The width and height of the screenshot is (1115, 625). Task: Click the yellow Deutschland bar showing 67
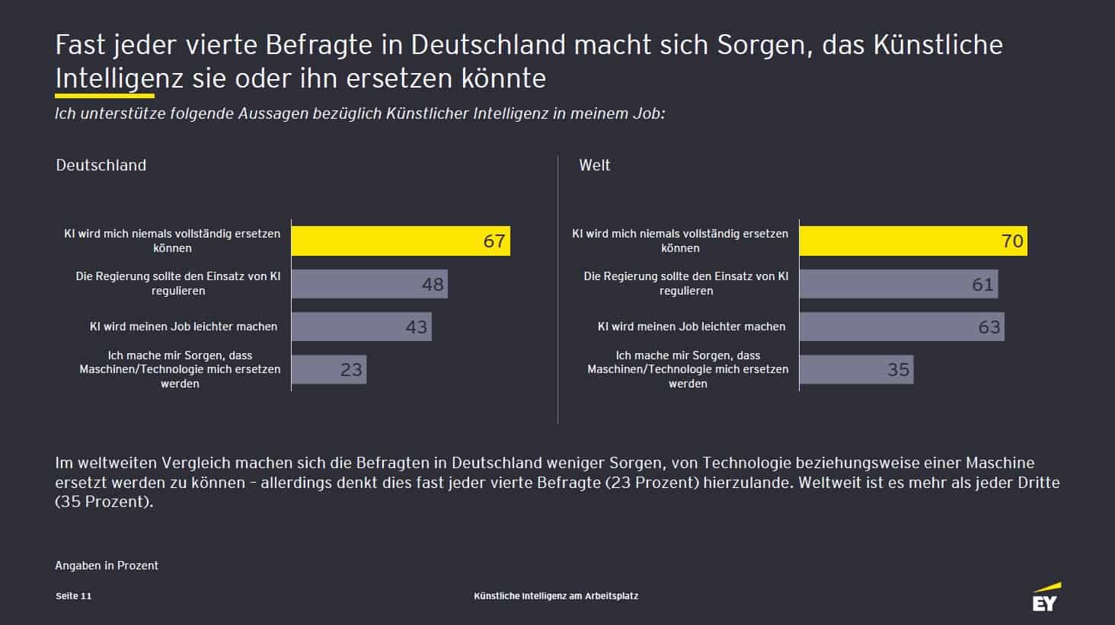[401, 241]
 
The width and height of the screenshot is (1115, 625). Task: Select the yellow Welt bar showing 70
[912, 241]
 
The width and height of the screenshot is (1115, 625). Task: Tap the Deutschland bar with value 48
[369, 284]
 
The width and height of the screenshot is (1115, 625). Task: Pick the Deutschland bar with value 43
[361, 327]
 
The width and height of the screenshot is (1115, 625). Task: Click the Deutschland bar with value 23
[328, 369]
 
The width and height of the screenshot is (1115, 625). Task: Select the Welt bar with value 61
[898, 284]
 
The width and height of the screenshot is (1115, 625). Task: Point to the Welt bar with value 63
[901, 327]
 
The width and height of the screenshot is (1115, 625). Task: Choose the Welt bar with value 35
[855, 369]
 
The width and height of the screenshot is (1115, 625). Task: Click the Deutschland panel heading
[101, 165]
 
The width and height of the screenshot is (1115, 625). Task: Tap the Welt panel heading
[594, 165]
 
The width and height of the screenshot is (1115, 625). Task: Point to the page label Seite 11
[73, 596]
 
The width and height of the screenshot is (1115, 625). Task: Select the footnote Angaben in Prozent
[107, 566]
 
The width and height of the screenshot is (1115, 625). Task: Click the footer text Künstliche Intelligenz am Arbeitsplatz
[556, 596]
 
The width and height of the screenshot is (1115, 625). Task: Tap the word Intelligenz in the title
[120, 78]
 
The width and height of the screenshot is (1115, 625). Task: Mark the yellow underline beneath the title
[104, 96]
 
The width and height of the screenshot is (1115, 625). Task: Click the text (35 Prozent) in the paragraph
[104, 502]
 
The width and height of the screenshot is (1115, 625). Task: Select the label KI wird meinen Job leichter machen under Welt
[691, 327]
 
